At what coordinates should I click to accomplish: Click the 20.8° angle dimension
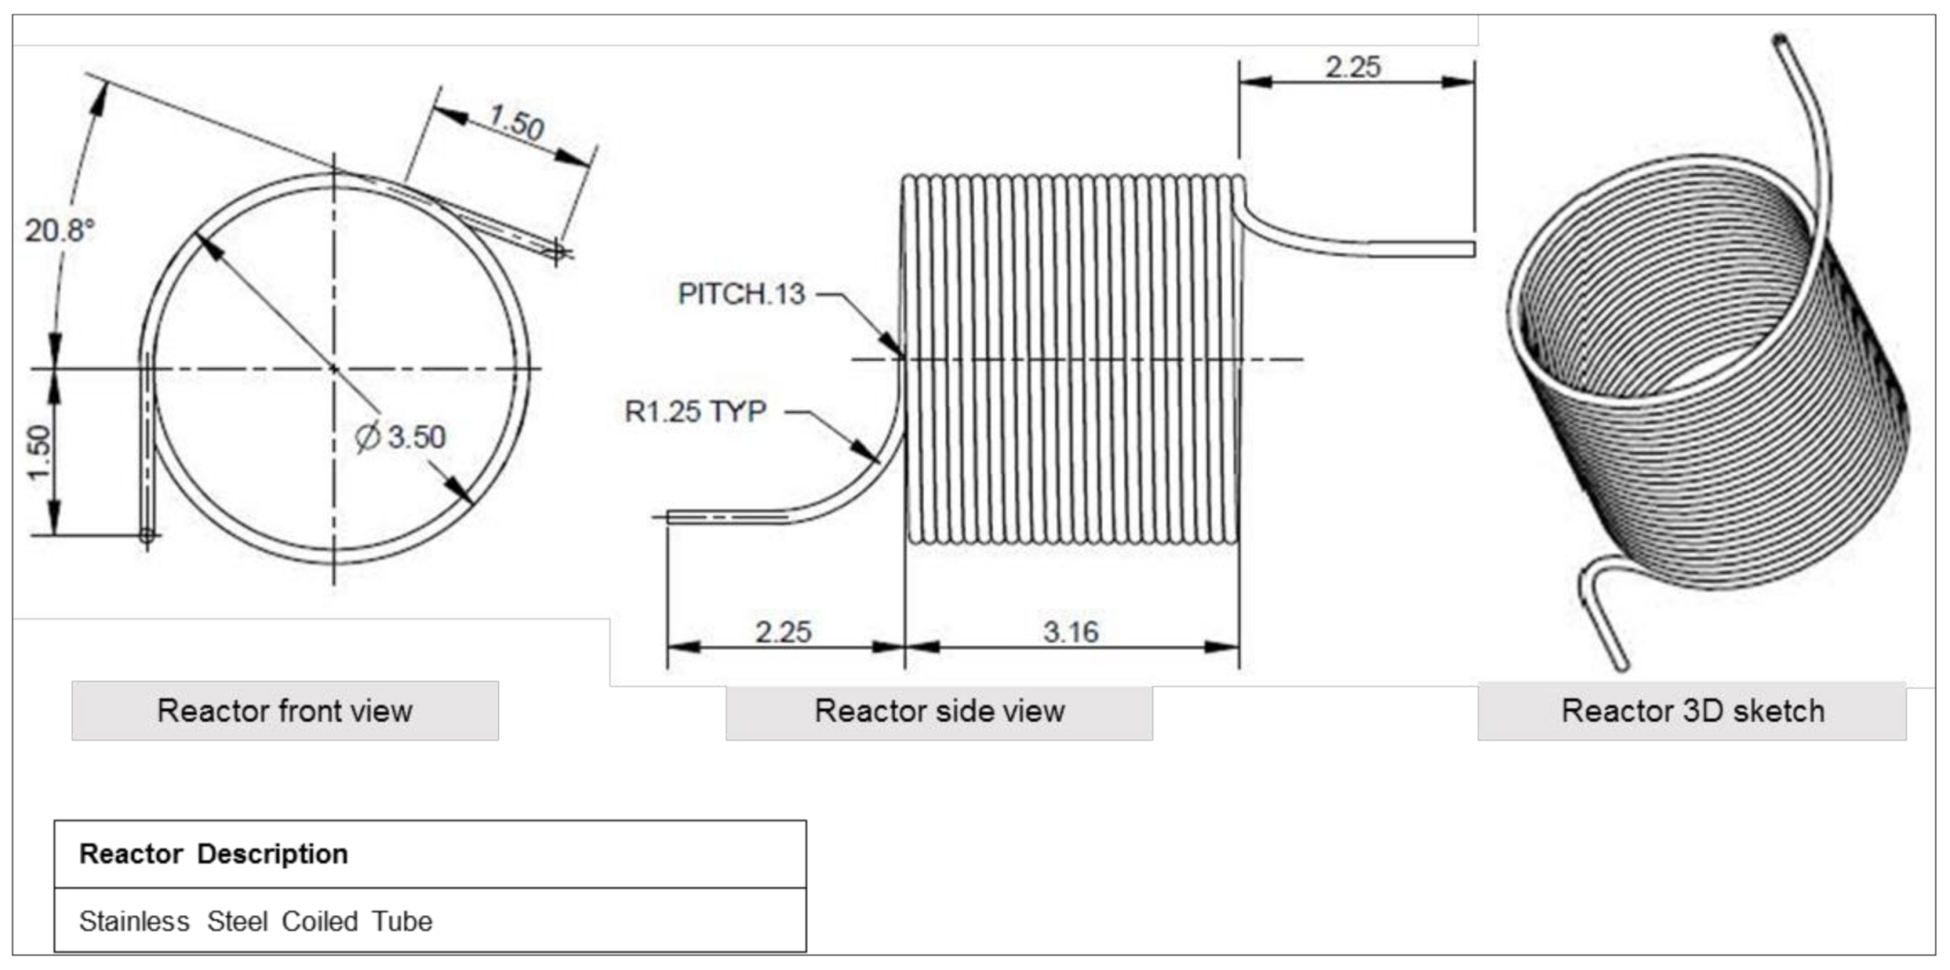click(x=59, y=230)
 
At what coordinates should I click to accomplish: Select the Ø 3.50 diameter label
click(x=401, y=437)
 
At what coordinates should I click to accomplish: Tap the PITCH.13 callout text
click(x=741, y=294)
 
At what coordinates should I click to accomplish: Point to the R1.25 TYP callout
click(x=696, y=412)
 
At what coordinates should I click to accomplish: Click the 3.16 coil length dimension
click(x=1071, y=631)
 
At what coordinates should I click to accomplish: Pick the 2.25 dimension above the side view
click(x=1353, y=66)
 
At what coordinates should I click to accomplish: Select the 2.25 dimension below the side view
click(x=783, y=631)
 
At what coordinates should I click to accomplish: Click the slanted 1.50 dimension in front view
click(x=516, y=121)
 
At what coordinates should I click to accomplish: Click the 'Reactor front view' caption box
click(x=285, y=710)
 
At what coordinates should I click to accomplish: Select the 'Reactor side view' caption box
click(x=939, y=710)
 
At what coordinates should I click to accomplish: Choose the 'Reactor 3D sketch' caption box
click(x=1691, y=710)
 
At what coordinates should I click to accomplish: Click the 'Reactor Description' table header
click(x=214, y=853)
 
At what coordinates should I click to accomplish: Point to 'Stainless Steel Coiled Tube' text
click(x=256, y=921)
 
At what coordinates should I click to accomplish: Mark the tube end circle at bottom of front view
click(x=147, y=536)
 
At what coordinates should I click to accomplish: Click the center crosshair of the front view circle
click(x=334, y=369)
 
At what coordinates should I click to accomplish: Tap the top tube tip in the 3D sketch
click(x=1781, y=40)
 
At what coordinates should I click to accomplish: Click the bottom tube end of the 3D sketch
click(x=1620, y=665)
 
